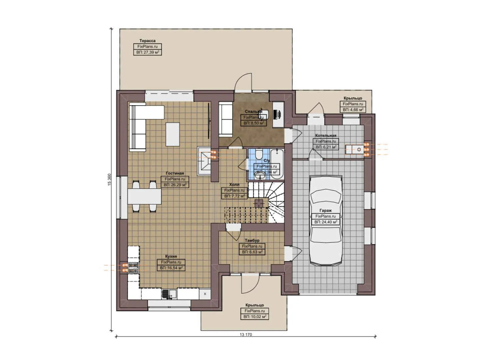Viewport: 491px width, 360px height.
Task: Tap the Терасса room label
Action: (x=147, y=41)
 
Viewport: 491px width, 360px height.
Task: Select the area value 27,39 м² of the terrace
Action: (x=147, y=52)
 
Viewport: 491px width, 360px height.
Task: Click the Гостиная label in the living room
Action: (x=175, y=173)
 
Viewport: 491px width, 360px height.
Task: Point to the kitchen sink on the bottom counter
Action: (x=169, y=294)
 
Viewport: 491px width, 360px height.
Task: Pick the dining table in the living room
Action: (x=144, y=196)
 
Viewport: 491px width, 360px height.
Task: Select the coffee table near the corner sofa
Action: (x=172, y=134)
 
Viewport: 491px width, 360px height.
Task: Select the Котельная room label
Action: (x=326, y=135)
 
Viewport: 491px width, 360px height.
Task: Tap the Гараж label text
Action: (x=325, y=211)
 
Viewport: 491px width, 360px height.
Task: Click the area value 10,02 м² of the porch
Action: (x=255, y=317)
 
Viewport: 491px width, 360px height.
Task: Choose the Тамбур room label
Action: (x=252, y=240)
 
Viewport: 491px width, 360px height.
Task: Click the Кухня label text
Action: (x=171, y=256)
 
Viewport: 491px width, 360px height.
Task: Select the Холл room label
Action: (x=234, y=184)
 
